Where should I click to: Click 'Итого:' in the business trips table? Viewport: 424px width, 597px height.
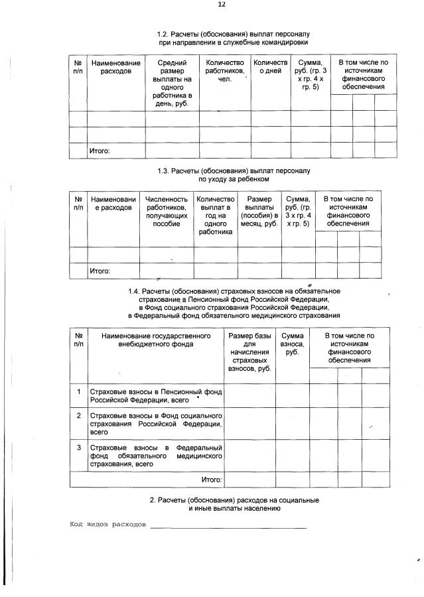(x=100, y=151)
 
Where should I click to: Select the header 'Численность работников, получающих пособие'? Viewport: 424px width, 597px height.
(x=167, y=212)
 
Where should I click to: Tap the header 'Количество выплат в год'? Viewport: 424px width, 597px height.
(x=216, y=216)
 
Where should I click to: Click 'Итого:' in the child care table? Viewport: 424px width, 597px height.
(x=100, y=271)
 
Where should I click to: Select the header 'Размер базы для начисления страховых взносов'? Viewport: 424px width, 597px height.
(x=249, y=353)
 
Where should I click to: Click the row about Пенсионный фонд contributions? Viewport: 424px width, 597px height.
(x=156, y=396)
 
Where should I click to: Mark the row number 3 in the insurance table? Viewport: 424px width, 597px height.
(x=78, y=448)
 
